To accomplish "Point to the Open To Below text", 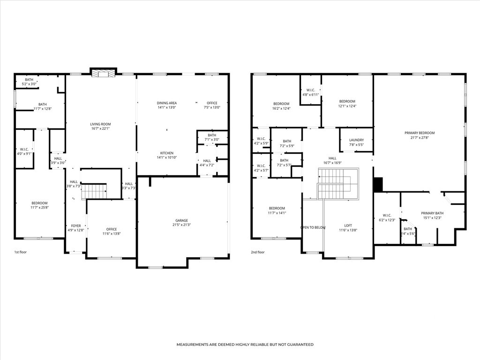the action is point(313,227).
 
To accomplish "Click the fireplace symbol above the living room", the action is point(103,74).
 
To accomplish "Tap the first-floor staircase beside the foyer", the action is point(94,191).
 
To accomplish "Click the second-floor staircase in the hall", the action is point(338,183).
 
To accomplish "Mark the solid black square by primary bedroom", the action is point(378,184).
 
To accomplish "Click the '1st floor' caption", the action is point(21,252).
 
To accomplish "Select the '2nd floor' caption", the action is point(258,252).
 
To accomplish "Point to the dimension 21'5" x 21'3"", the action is point(181,225).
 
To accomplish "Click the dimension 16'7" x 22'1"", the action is point(100,128).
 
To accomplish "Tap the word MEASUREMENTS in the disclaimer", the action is point(192,345).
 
